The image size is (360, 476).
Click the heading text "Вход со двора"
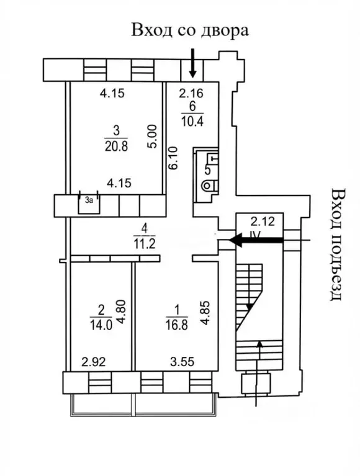190,30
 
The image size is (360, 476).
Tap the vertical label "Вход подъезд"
338,245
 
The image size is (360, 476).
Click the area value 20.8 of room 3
116,146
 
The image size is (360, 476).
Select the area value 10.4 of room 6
192,121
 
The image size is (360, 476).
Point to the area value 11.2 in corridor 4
145,243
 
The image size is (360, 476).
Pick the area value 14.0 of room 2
101,325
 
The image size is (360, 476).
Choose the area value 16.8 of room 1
177,325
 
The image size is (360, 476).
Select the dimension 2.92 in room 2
94,362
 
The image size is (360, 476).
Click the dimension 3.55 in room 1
182,362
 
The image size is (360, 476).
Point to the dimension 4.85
205,313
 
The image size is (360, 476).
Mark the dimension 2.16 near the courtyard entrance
191,93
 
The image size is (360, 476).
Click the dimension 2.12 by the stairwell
263,222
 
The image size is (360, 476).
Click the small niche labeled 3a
89,203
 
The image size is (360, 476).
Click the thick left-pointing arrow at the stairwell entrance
256,240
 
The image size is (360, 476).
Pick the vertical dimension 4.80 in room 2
121,312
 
